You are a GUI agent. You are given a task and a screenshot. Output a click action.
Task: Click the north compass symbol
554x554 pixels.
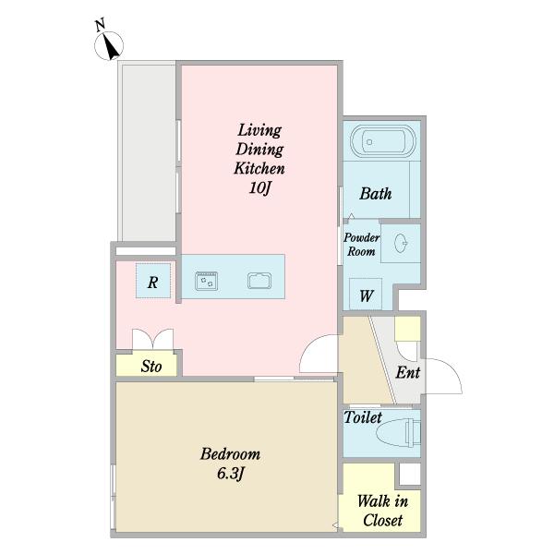(x=109, y=45)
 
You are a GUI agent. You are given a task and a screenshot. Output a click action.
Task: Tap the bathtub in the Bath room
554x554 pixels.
(x=383, y=141)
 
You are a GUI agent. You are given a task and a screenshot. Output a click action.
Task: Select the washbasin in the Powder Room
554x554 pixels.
(x=401, y=244)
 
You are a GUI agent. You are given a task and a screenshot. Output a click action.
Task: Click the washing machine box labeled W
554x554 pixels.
(x=366, y=295)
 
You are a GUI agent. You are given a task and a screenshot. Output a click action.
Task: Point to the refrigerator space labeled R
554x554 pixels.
(x=153, y=281)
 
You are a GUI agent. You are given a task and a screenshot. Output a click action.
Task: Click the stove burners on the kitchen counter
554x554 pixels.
(x=206, y=282)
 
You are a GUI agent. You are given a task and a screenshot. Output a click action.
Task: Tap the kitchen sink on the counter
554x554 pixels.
(x=259, y=281)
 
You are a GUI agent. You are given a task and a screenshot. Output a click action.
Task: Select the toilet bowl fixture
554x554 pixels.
(x=399, y=433)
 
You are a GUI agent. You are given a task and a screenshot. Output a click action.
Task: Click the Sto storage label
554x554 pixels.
(x=151, y=367)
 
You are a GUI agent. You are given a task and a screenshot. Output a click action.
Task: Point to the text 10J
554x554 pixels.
(x=259, y=188)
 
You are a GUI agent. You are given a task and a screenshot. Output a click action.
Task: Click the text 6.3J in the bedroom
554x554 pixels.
(x=231, y=474)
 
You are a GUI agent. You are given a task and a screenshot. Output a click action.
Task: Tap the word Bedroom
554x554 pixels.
(x=230, y=454)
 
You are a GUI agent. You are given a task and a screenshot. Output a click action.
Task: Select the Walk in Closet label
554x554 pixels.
(x=382, y=511)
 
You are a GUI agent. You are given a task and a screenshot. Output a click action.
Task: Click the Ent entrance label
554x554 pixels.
(x=408, y=372)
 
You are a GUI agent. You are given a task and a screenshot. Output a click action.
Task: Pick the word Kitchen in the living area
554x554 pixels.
(x=259, y=168)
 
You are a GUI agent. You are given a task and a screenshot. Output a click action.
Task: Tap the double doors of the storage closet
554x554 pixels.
(x=152, y=340)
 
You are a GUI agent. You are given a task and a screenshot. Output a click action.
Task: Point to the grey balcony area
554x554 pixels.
(x=149, y=152)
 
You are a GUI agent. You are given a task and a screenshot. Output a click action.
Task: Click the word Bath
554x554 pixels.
(x=376, y=194)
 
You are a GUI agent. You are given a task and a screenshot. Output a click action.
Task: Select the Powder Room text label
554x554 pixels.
(x=361, y=245)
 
